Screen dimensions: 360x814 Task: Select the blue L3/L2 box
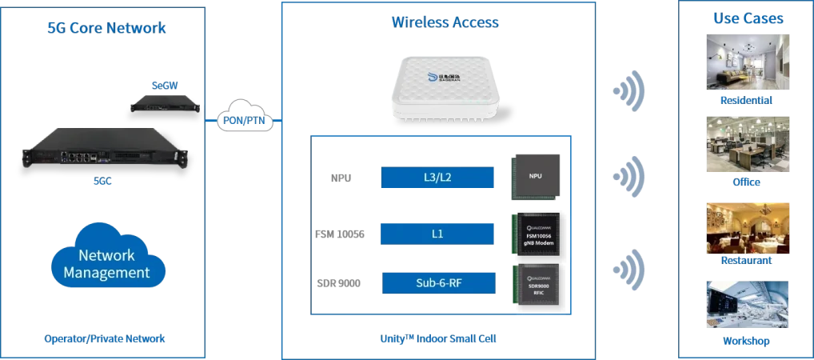[437, 178]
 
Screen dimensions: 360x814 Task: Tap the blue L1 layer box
[437, 234]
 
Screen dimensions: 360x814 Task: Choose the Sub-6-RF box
[437, 282]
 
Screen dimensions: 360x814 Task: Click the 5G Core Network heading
[106, 28]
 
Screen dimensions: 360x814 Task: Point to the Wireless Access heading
[445, 22]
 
